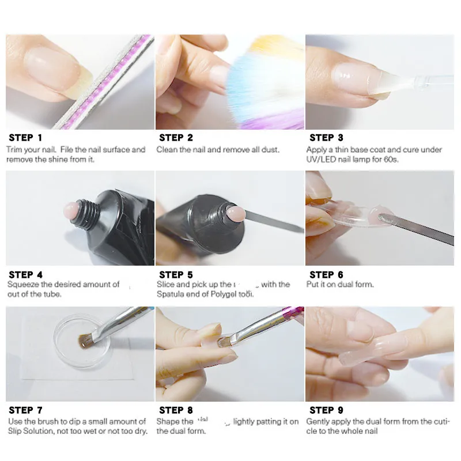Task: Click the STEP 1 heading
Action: [x=25, y=138]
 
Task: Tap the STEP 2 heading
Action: [x=176, y=138]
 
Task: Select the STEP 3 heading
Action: [x=326, y=138]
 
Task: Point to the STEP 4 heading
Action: [x=25, y=275]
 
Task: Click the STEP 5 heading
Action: [x=176, y=275]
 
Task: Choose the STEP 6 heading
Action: [x=326, y=275]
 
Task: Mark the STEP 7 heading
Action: [x=25, y=410]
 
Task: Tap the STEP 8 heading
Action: [x=176, y=410]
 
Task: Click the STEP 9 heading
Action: [x=326, y=410]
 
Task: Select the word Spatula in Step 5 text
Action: [x=171, y=294]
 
